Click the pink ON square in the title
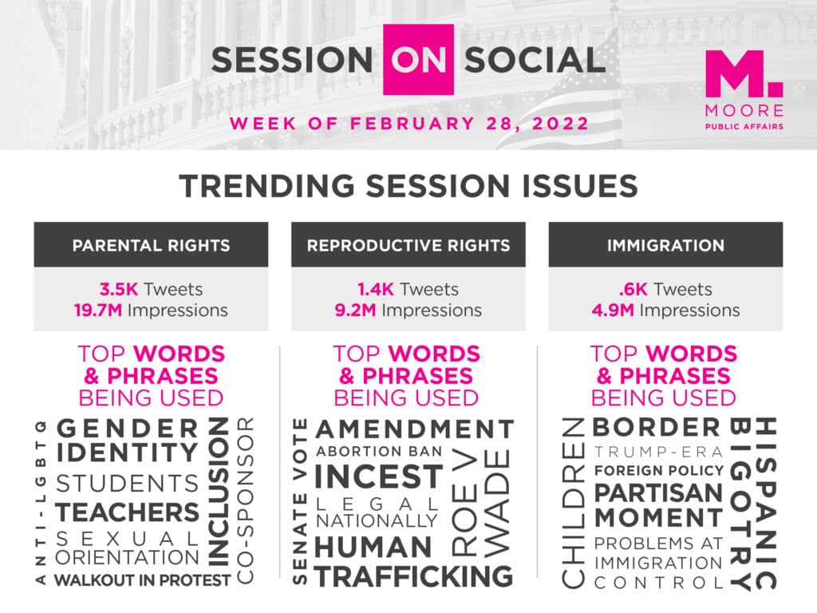click(x=418, y=59)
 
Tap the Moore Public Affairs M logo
click(x=744, y=73)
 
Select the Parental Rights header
click(x=151, y=245)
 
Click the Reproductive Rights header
click(x=408, y=245)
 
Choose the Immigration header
click(x=665, y=245)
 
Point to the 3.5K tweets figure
click(x=120, y=289)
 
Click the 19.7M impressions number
click(x=98, y=310)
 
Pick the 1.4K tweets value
click(x=376, y=289)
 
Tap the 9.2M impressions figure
click(x=355, y=310)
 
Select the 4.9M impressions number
click(x=613, y=310)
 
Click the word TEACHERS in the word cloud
click(x=127, y=512)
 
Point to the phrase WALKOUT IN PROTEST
click(x=142, y=579)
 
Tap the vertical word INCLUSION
click(x=219, y=492)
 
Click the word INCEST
click(x=379, y=477)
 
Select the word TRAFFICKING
click(x=414, y=576)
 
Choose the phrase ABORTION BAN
click(x=379, y=451)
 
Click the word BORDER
click(x=656, y=428)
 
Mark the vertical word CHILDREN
click(x=573, y=503)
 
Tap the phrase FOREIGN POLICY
click(x=659, y=471)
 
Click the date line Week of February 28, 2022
click(x=409, y=124)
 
